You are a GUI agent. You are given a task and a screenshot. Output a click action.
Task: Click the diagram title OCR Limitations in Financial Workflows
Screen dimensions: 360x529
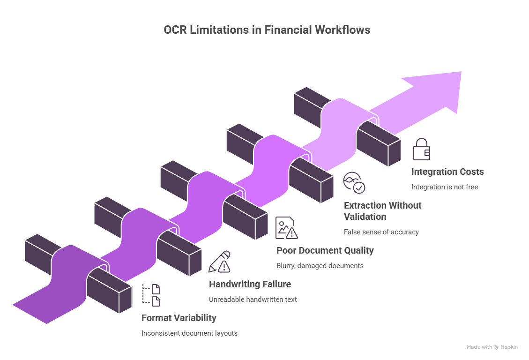(267, 30)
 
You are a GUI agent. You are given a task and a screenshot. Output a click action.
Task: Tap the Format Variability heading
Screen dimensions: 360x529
(179, 318)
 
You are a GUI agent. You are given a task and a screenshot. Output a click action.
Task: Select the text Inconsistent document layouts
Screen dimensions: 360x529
(189, 333)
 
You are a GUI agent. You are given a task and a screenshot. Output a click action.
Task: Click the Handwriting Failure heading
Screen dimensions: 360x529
(250, 284)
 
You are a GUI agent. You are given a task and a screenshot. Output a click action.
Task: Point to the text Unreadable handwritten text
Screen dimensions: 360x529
(253, 300)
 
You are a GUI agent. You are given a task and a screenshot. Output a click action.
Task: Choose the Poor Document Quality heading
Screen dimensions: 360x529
(325, 250)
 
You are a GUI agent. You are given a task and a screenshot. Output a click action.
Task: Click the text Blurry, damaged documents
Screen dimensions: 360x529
(320, 266)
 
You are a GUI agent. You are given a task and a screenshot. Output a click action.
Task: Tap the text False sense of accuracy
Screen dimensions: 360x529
(381, 232)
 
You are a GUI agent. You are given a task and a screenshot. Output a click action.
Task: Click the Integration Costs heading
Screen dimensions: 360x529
(447, 172)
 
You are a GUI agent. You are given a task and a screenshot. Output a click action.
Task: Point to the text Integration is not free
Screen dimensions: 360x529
(444, 187)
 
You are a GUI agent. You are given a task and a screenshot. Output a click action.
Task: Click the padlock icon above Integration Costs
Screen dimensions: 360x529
(421, 149)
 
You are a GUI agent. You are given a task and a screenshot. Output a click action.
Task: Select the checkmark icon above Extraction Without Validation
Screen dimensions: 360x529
(354, 183)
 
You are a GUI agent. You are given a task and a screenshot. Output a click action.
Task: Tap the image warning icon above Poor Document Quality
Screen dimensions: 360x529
(286, 228)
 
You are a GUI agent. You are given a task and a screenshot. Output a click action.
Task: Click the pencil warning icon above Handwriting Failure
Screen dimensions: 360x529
(219, 262)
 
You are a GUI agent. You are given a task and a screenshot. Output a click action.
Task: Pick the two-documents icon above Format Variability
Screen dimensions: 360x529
(152, 295)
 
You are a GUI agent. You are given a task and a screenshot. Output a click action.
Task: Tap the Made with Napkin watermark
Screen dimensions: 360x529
(492, 347)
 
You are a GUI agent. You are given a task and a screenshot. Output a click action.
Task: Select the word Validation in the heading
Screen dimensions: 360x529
(365, 217)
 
